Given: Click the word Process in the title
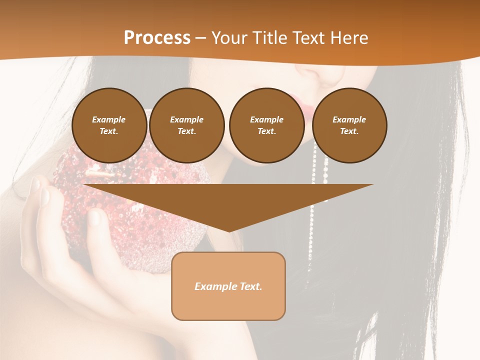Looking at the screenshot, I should click(157, 37).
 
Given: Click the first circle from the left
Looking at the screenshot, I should click(109, 125).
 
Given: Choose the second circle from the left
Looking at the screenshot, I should click(186, 125).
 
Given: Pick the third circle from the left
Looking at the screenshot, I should click(266, 125).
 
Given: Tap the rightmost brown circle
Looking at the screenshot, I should click(349, 125).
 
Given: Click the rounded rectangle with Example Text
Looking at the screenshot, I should click(228, 286).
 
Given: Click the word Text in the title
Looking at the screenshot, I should click(308, 38).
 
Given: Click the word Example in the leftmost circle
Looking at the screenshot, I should click(109, 119).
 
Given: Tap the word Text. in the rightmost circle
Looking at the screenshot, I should click(349, 131).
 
